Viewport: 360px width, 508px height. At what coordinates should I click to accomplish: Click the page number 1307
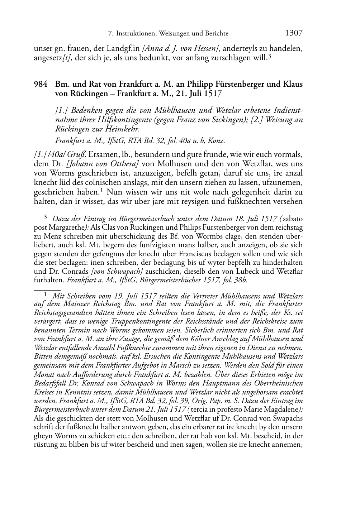pos(294,33)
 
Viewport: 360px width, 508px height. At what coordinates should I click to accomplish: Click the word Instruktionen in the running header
pos(136,34)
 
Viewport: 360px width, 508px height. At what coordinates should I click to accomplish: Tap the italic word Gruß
pos(79,155)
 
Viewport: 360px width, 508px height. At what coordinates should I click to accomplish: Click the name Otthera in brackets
pos(125,164)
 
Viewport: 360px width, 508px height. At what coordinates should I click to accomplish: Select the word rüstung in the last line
pos(44,445)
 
